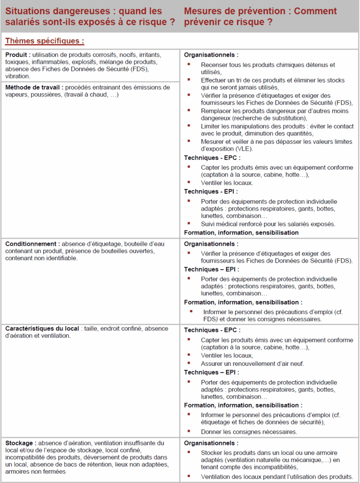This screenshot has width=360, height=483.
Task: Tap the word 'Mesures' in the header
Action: [x=202, y=11]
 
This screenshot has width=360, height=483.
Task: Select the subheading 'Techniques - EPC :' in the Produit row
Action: [x=212, y=158]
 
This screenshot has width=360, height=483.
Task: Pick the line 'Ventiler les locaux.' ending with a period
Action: [x=227, y=182]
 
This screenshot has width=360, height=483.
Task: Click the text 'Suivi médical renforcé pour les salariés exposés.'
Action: [x=268, y=224]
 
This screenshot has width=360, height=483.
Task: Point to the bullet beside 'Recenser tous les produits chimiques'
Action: [x=189, y=64]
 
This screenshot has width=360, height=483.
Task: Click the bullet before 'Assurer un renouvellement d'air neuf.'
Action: [x=189, y=363]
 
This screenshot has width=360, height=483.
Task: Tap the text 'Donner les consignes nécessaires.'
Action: [x=249, y=432]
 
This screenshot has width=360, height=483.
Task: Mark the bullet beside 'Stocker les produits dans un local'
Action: [x=189, y=452]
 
